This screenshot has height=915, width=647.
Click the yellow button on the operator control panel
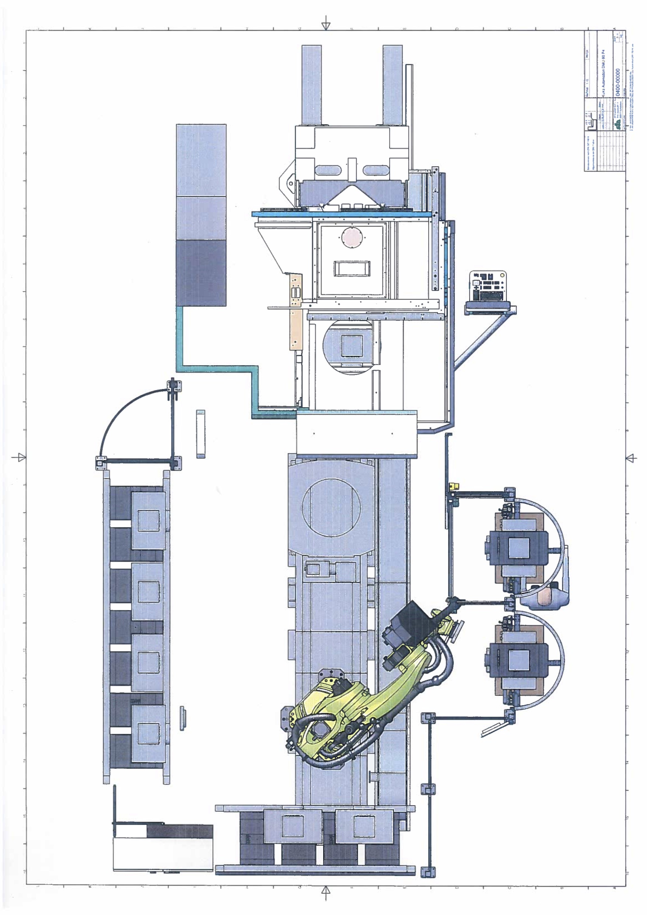(x=502, y=275)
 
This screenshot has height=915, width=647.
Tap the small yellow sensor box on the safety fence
(x=454, y=486)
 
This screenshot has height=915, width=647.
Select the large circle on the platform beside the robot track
(x=331, y=507)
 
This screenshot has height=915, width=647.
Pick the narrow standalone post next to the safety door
(x=201, y=434)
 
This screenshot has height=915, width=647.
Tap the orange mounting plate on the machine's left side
(x=295, y=311)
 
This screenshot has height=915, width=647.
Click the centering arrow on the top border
(x=326, y=24)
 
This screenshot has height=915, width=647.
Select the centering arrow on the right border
(x=631, y=458)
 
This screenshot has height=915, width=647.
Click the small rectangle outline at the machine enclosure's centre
(x=352, y=268)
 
